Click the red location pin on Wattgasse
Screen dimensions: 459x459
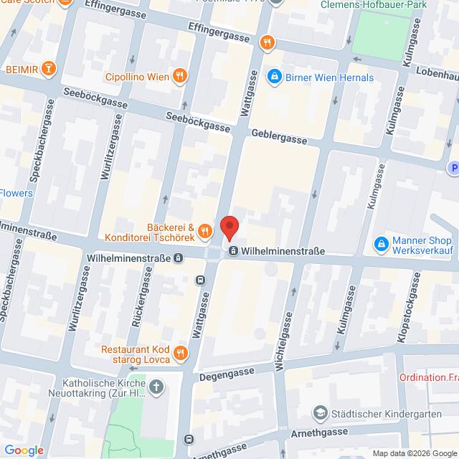pos(229,228)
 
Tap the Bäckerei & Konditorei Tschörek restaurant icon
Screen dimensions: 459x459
pos(205,230)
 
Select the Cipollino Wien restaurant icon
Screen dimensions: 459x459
pos(179,75)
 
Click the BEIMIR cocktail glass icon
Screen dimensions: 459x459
pos(48,69)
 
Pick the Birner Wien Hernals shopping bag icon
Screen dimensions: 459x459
pos(273,76)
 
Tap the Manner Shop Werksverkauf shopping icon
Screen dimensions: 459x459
pos(382,246)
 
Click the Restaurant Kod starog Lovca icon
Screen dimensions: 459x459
pos(179,352)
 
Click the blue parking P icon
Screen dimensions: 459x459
pos(453,168)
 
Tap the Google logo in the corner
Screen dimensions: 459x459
pos(24,450)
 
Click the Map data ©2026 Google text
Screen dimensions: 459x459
pos(413,453)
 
